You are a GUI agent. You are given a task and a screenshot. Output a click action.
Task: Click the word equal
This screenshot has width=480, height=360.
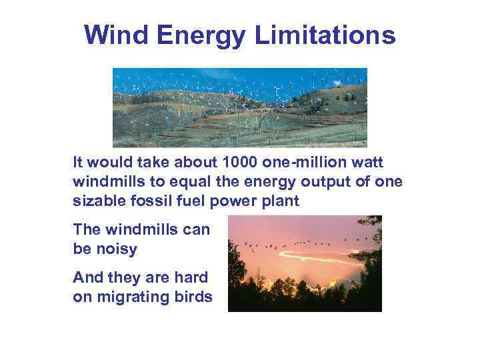point(179,181)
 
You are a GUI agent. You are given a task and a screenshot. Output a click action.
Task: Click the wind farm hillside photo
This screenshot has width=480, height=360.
point(240,107)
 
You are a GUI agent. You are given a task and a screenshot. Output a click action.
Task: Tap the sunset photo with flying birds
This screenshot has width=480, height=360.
point(305,263)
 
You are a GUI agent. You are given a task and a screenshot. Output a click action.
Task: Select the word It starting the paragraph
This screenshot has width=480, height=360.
point(79,162)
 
